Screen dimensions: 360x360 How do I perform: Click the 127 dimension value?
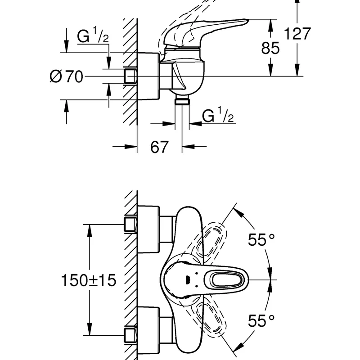coord(297,33)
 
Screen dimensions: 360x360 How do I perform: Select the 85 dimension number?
coord(270,48)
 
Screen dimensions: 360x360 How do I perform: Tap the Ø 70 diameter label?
coord(66,76)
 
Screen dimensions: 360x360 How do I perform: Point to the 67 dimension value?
coord(159,147)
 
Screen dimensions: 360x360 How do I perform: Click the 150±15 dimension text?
coord(89,280)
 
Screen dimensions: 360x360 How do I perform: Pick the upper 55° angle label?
coord(261,239)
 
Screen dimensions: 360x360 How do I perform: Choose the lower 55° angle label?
coord(261,320)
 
